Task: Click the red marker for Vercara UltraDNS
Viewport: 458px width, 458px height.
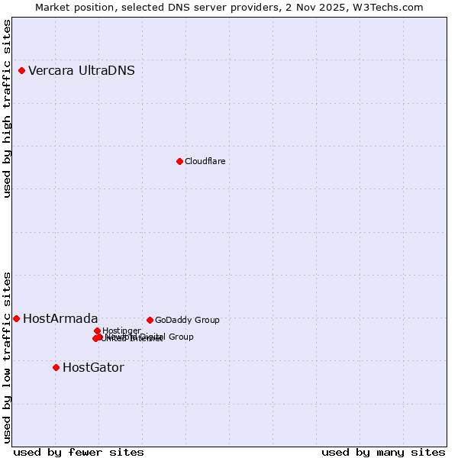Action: point(21,71)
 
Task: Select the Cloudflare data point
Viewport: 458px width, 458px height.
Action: point(179,161)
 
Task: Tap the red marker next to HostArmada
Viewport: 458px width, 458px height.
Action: point(16,318)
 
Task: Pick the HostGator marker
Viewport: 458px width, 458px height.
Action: point(56,367)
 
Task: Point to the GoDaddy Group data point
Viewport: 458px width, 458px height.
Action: point(150,320)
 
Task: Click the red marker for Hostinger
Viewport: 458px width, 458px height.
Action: point(97,331)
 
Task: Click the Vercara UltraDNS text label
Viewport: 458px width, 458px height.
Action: point(82,71)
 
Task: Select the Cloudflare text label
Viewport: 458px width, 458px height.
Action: point(205,161)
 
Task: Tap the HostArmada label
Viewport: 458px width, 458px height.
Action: point(60,318)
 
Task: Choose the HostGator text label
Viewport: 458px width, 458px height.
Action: point(93,367)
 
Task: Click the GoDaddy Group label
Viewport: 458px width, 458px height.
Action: point(187,320)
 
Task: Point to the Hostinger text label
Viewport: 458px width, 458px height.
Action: point(121,331)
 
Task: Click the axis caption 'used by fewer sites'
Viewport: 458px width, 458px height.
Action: point(79,452)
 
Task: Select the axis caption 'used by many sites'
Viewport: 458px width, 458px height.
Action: point(383,452)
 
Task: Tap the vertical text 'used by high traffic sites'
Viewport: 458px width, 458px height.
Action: point(7,108)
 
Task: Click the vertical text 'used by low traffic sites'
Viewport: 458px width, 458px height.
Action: point(7,356)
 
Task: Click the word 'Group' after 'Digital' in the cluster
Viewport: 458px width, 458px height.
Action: point(181,337)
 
